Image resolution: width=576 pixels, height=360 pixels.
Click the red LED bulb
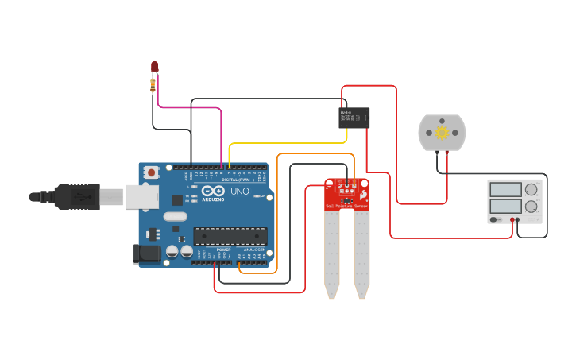(154, 68)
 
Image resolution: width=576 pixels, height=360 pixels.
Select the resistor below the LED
(153, 83)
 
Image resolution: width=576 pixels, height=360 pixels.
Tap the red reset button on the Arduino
(150, 172)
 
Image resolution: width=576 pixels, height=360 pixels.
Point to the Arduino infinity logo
(212, 191)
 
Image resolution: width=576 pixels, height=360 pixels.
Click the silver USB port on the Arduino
(141, 196)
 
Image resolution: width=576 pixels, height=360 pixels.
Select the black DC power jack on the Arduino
(147, 254)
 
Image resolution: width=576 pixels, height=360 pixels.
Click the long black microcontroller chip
(230, 235)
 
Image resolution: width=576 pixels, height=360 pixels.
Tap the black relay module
(354, 118)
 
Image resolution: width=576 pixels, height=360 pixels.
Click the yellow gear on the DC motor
(442, 131)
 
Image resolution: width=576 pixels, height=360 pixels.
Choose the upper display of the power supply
(505, 189)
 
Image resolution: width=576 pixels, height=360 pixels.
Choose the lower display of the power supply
(505, 207)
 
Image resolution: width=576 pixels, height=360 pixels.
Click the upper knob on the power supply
(531, 189)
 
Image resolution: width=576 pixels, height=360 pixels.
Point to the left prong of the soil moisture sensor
(332, 254)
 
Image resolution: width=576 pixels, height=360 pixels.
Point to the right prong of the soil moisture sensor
(361, 254)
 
